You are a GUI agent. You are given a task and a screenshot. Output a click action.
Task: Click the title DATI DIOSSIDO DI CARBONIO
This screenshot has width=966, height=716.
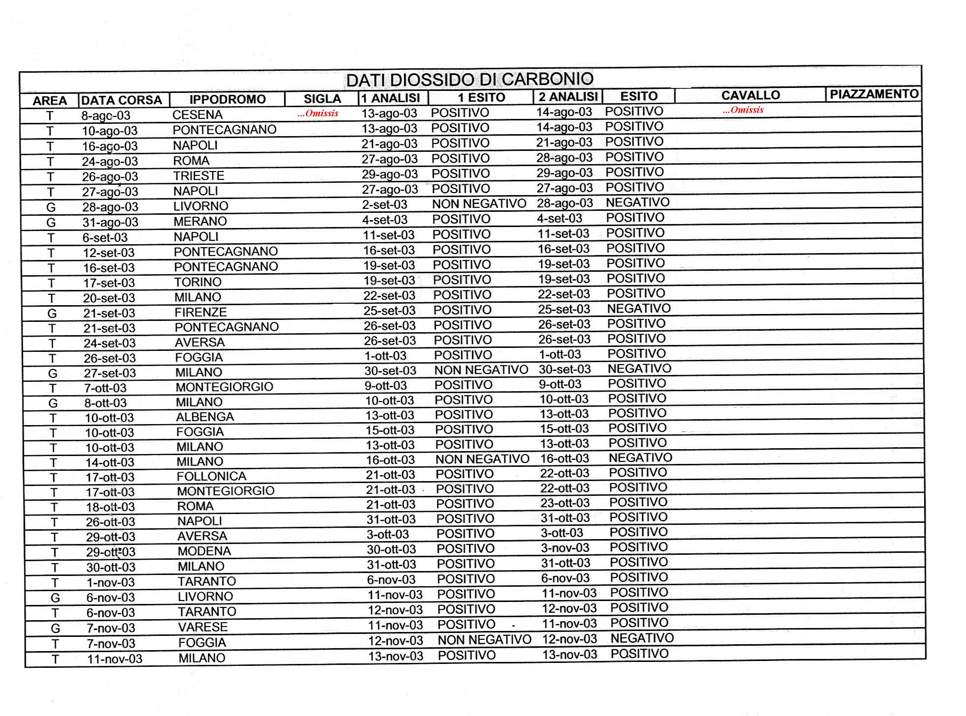tap(469, 79)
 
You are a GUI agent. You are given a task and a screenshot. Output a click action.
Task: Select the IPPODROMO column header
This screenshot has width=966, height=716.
tap(227, 99)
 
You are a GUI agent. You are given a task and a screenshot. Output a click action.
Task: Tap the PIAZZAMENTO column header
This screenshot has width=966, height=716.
tap(874, 94)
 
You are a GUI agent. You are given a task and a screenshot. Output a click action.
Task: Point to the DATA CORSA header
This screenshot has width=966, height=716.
tap(121, 100)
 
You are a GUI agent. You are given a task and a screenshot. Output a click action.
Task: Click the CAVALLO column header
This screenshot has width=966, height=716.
tap(750, 95)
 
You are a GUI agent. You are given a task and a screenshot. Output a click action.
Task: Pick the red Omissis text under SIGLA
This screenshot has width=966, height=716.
tap(318, 114)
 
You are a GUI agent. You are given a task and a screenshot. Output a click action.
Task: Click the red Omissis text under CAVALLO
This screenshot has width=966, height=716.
tap(743, 110)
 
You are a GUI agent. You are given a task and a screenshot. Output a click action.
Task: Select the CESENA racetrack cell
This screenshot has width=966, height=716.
tap(197, 115)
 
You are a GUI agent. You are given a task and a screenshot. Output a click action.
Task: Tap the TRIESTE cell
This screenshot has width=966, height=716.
tap(198, 175)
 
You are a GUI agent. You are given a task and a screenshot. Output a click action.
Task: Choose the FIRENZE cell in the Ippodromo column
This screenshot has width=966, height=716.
tap(201, 312)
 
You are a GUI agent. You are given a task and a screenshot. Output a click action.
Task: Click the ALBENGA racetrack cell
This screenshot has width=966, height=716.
tap(205, 417)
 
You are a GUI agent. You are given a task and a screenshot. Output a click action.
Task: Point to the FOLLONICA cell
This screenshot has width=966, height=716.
tap(211, 476)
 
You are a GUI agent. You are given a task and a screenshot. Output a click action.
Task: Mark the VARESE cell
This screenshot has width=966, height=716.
tap(203, 627)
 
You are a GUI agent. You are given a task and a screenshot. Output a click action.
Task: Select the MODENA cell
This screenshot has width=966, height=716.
tap(204, 551)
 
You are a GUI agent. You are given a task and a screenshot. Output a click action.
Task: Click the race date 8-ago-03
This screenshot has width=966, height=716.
tap(106, 115)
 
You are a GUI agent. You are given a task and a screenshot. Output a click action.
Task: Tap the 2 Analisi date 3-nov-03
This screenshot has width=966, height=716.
tap(565, 548)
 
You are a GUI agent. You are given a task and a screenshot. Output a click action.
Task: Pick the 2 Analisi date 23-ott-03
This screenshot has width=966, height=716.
tap(565, 503)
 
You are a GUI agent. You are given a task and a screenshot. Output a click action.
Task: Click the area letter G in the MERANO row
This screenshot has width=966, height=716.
tap(51, 222)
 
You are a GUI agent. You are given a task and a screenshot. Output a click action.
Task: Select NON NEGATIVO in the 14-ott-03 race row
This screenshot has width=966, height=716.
tap(482, 459)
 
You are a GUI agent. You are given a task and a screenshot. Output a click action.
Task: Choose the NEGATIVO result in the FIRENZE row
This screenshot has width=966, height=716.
tap(639, 309)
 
